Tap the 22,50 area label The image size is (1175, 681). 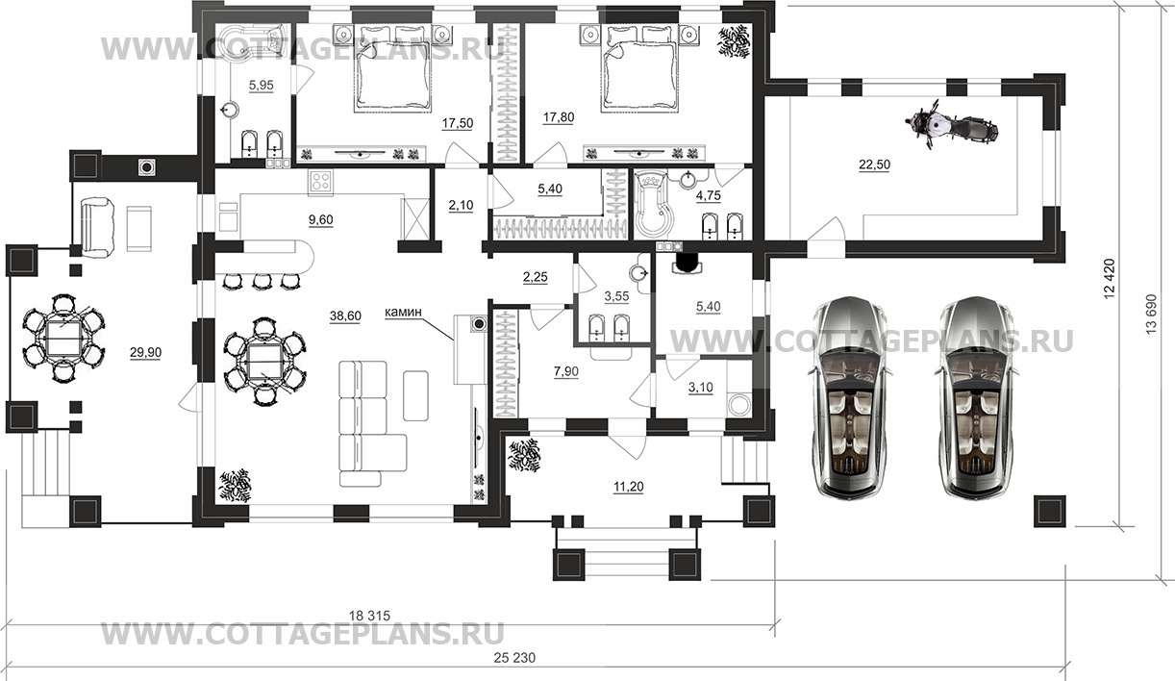(x=874, y=164)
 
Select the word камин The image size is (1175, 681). (x=403, y=313)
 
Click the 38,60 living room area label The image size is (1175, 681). (x=345, y=315)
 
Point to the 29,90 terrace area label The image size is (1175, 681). (x=145, y=353)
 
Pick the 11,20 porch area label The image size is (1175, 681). (x=629, y=487)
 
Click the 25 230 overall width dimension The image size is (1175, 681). (x=514, y=657)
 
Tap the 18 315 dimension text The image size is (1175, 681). (x=370, y=616)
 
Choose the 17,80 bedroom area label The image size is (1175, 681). (x=558, y=117)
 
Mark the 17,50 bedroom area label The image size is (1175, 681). (x=458, y=123)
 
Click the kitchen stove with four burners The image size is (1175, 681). (x=320, y=182)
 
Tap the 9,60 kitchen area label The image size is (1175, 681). (x=320, y=220)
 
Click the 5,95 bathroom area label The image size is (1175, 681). (x=262, y=85)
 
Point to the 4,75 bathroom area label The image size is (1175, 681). (x=708, y=195)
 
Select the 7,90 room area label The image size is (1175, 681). (x=566, y=372)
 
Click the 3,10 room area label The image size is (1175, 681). (x=700, y=388)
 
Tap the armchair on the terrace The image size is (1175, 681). (x=97, y=228)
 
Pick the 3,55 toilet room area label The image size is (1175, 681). (x=616, y=296)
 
